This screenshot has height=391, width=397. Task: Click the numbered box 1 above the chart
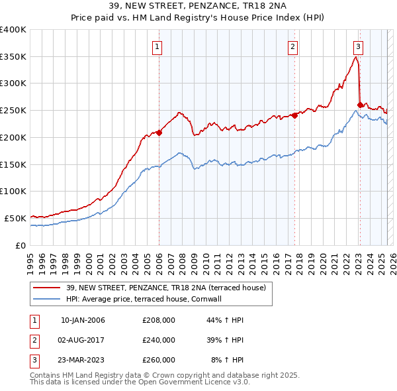(x=157, y=46)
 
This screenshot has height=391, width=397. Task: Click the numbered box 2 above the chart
(x=292, y=46)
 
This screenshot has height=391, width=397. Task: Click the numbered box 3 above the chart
(x=358, y=46)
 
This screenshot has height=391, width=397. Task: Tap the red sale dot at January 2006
(x=159, y=133)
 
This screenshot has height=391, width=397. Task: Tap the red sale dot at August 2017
(x=294, y=115)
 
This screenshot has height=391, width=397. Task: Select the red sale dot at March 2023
(x=360, y=104)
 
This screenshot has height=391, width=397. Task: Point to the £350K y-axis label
(x=13, y=57)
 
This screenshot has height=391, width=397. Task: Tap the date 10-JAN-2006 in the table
(x=83, y=320)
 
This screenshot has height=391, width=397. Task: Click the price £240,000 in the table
(x=159, y=340)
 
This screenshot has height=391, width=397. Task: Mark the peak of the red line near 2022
(x=356, y=57)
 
